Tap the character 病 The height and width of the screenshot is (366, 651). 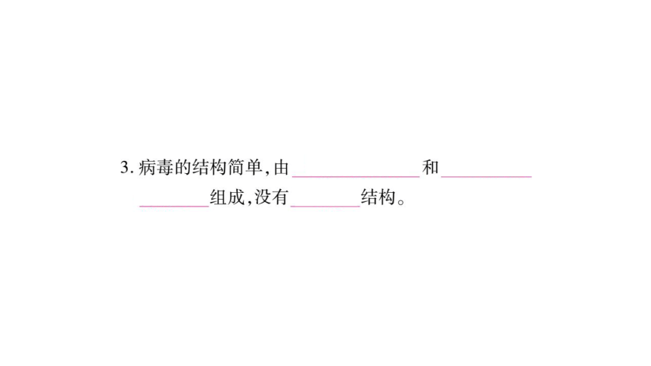coord(147,168)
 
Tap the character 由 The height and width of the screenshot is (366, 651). coord(281,168)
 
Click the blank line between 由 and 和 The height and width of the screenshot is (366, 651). coord(356,177)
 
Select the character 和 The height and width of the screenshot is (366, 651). coord(431,168)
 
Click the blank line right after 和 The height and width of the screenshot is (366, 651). coord(486,177)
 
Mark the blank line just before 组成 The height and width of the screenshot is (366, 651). coord(174,206)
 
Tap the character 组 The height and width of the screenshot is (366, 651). coord(218,197)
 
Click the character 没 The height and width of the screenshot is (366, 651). coord(263,197)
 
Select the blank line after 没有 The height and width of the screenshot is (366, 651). coord(325,206)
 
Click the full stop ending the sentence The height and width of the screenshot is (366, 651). coord(401,202)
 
